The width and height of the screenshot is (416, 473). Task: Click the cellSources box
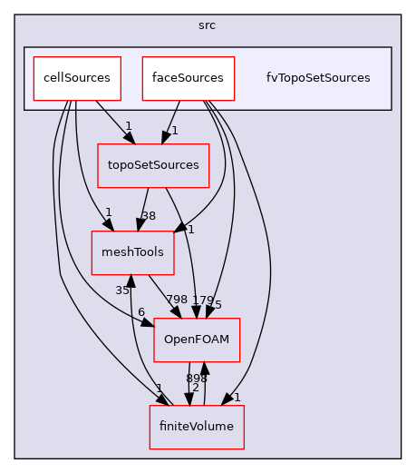pyautogui.click(x=78, y=78)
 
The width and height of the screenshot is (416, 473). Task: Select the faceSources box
pyautogui.click(x=189, y=78)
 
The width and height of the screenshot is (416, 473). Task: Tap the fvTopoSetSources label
pyautogui.click(x=318, y=78)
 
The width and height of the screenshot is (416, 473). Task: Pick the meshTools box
pyautogui.click(x=133, y=252)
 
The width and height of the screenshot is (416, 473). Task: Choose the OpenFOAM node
pyautogui.click(x=197, y=340)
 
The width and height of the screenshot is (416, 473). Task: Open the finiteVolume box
pyautogui.click(x=197, y=427)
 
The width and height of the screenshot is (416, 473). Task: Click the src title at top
pyautogui.click(x=208, y=25)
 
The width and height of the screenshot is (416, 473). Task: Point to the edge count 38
pyautogui.click(x=149, y=216)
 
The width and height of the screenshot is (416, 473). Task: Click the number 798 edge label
pyautogui.click(x=178, y=300)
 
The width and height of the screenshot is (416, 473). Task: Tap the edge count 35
pyautogui.click(x=122, y=291)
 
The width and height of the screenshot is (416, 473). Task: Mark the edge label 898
pyautogui.click(x=197, y=378)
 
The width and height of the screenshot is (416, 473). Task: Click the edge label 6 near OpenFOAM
pyautogui.click(x=140, y=312)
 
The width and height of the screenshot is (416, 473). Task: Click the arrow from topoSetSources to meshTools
pyautogui.click(x=143, y=209)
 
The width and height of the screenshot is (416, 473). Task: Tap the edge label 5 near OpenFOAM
pyautogui.click(x=218, y=305)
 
